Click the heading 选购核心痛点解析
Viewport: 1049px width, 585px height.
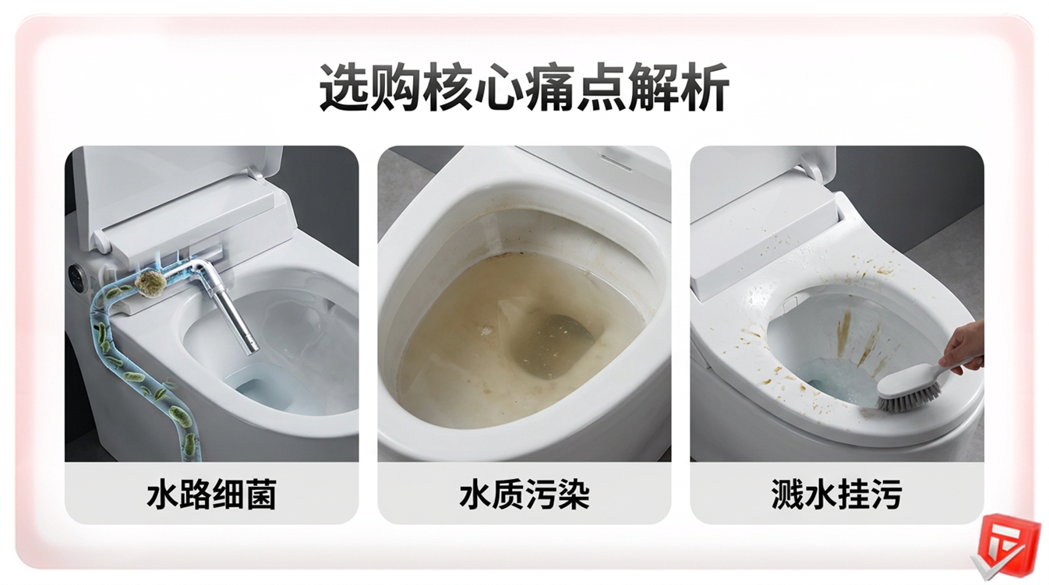point(524,88)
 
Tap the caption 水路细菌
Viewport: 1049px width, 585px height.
point(212,494)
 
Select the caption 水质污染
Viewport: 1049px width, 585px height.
point(524,494)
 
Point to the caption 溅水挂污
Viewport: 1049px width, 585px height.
point(836,494)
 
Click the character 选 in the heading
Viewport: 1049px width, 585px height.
point(344,88)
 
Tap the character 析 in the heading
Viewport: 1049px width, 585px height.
point(705,88)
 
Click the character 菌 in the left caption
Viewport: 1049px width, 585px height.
point(261,494)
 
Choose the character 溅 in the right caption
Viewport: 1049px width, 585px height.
point(787,494)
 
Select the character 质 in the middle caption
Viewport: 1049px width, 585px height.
point(508,494)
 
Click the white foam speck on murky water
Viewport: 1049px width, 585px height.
point(486,331)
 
